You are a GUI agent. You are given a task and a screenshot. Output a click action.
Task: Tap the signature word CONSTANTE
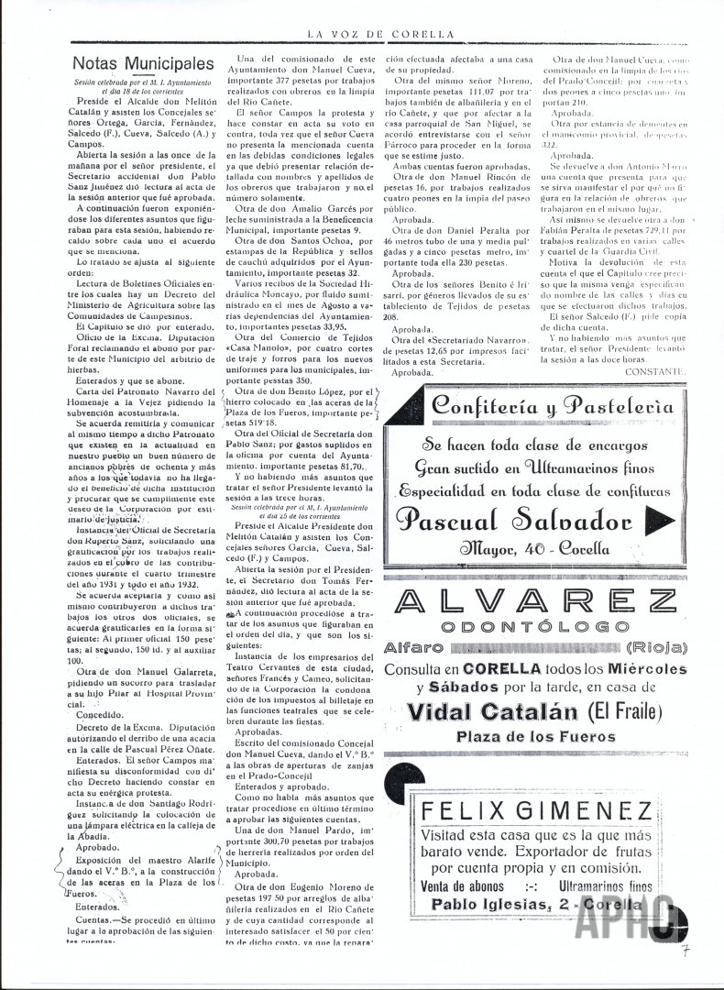pyautogui.click(x=653, y=371)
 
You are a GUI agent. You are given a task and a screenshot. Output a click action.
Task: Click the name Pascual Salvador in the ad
pyautogui.click(x=515, y=521)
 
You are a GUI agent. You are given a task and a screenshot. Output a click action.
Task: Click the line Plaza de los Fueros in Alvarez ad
pyautogui.click(x=539, y=736)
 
